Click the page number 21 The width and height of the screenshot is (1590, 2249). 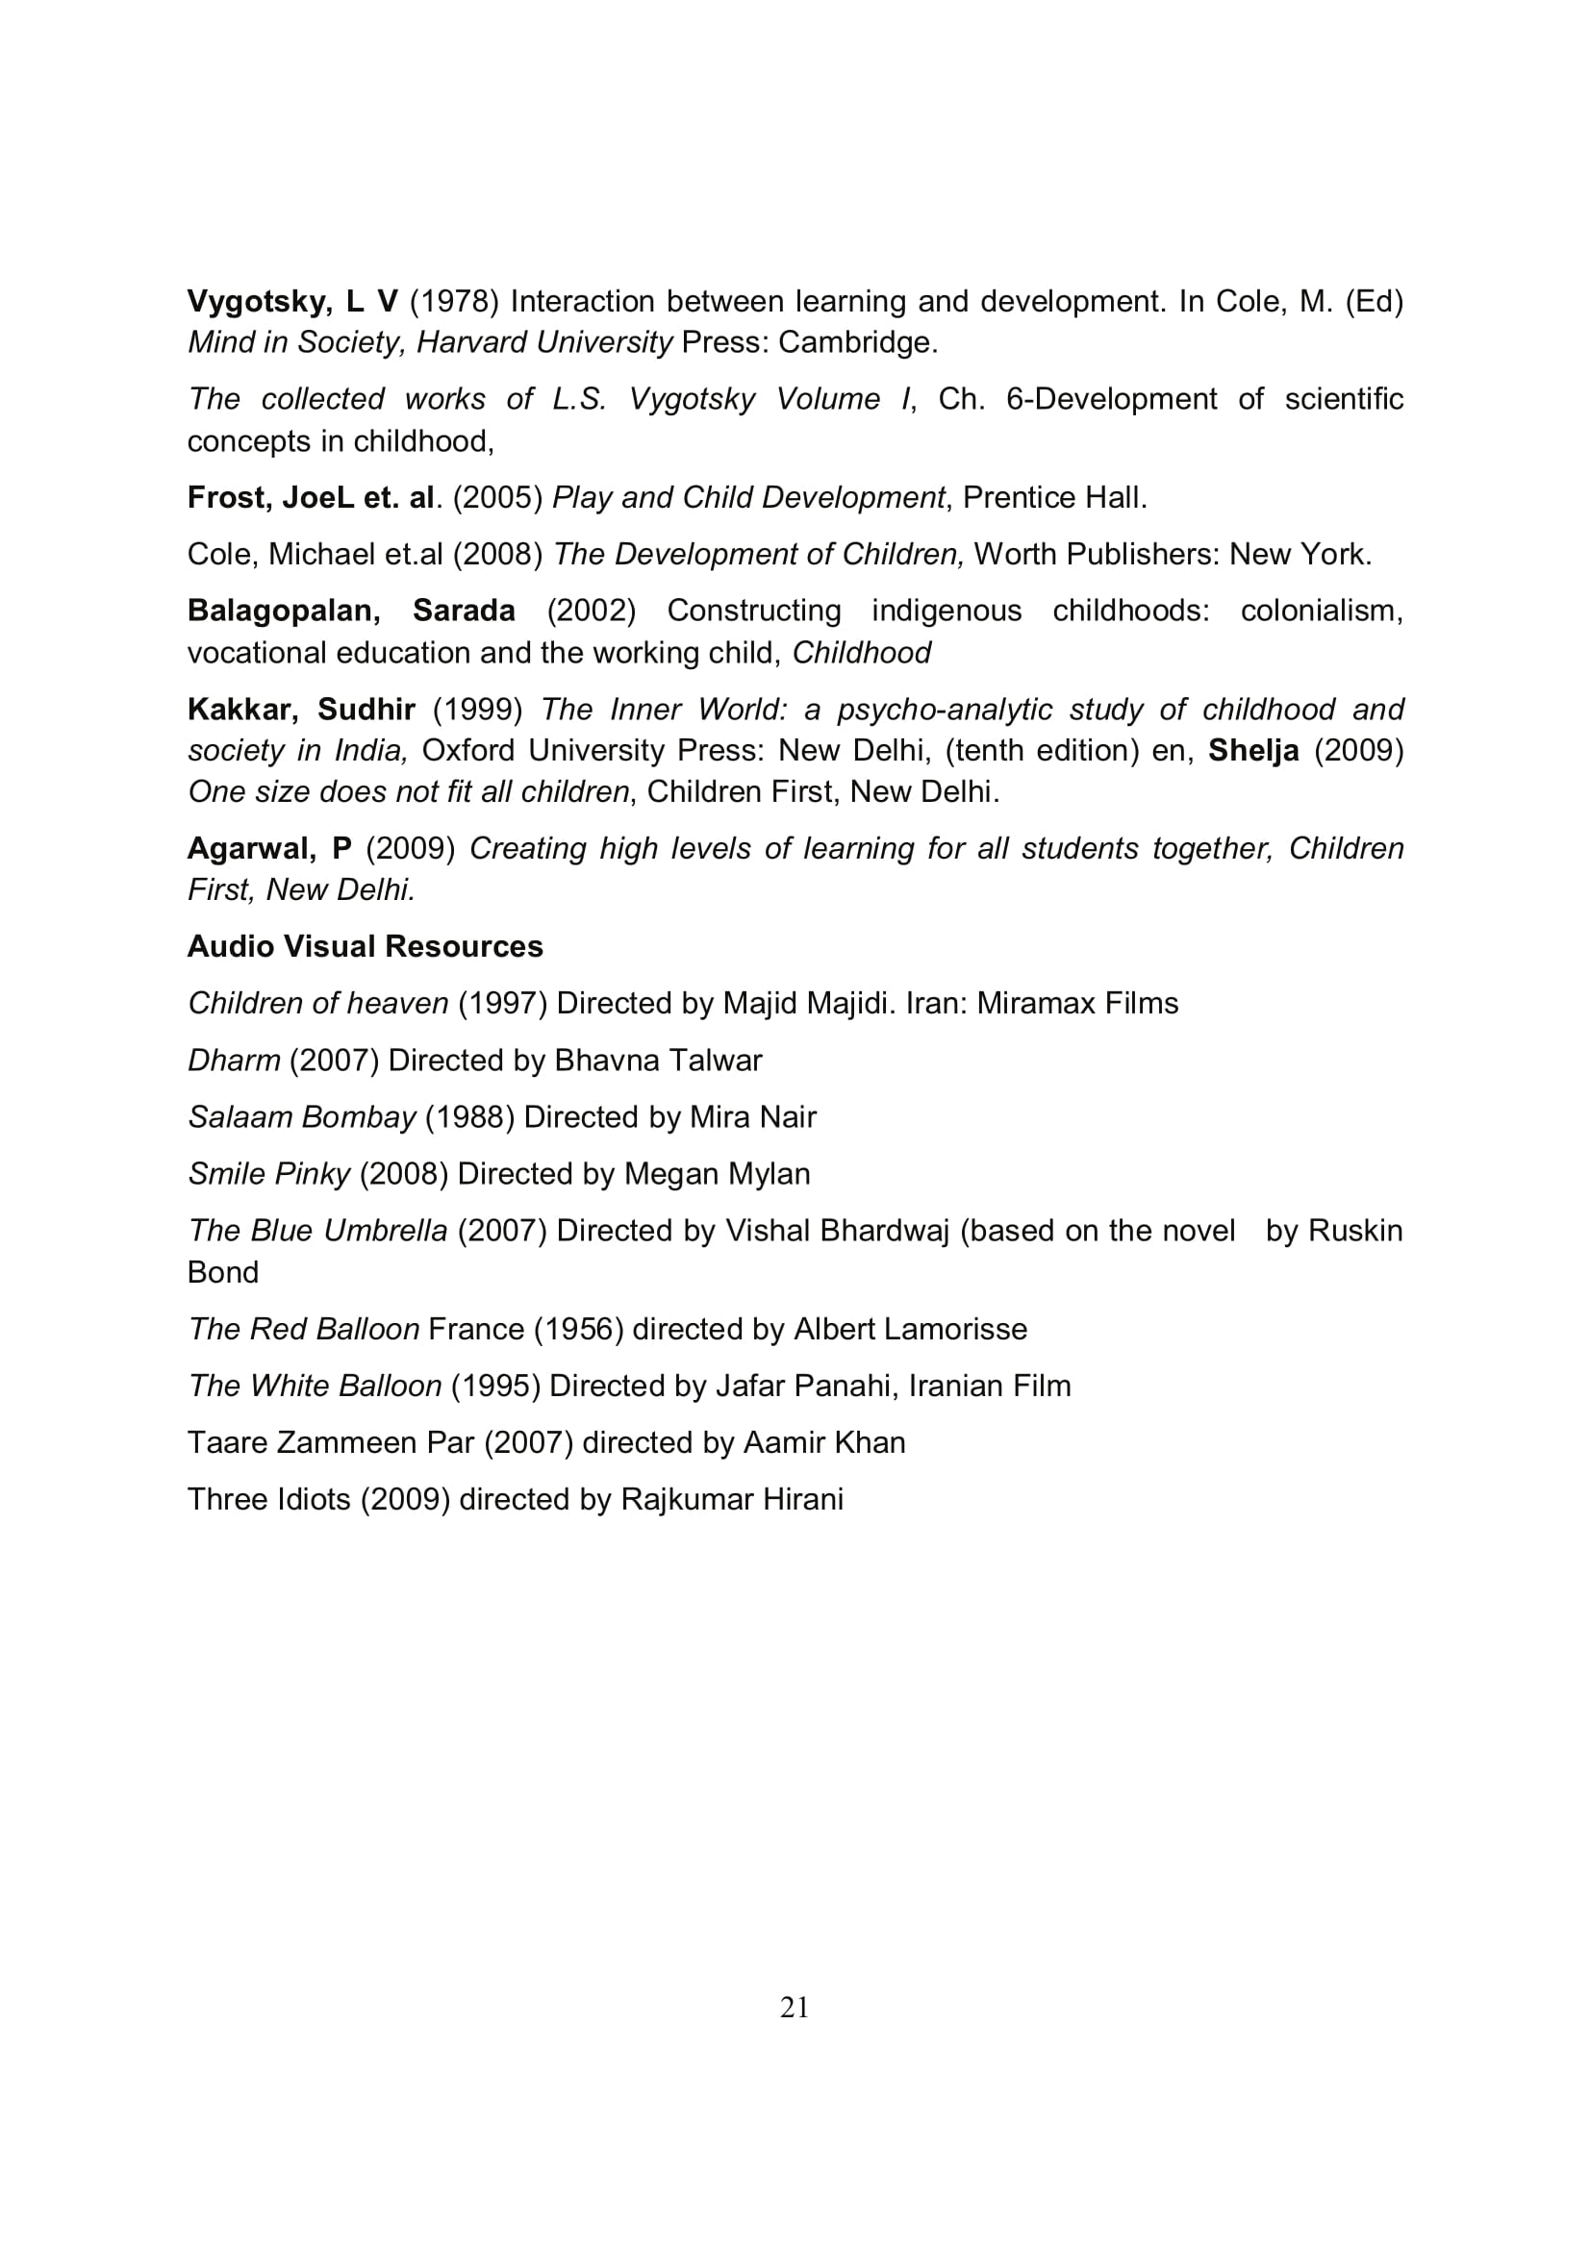pyautogui.click(x=794, y=2007)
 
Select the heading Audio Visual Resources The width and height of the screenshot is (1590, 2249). pyautogui.click(x=365, y=946)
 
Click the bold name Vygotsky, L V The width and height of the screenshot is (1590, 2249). pyautogui.click(x=292, y=301)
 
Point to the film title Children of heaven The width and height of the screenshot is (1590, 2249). pyautogui.click(x=317, y=1003)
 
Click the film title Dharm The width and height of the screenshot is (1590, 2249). pyautogui.click(x=233, y=1060)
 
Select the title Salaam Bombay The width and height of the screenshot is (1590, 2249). pyautogui.click(x=302, y=1116)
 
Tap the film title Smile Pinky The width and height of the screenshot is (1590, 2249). pyautogui.click(x=268, y=1173)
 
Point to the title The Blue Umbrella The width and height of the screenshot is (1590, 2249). pyautogui.click(x=317, y=1231)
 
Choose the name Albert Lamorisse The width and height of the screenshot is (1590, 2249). pyautogui.click(x=910, y=1328)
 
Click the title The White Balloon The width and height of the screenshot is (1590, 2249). pyautogui.click(x=315, y=1385)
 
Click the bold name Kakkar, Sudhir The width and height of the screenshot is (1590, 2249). pyautogui.click(x=301, y=709)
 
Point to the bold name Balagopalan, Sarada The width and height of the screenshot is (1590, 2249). pyautogui.click(x=351, y=611)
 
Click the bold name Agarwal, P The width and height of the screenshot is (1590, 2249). pyautogui.click(x=268, y=848)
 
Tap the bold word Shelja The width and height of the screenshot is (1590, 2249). pyautogui.click(x=1253, y=750)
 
